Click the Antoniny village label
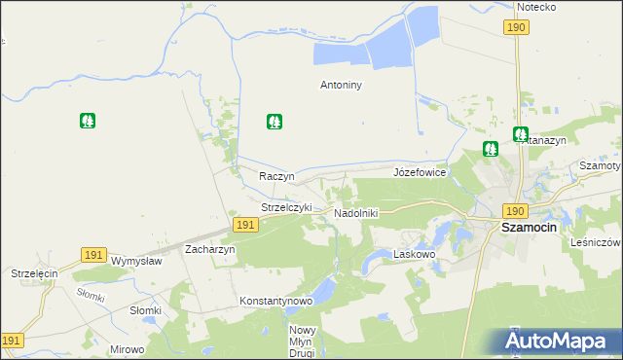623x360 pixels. [x=341, y=85]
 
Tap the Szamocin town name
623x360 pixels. [x=528, y=227]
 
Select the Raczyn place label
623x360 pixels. [x=276, y=176]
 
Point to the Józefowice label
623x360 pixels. [x=420, y=172]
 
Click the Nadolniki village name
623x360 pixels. [x=355, y=212]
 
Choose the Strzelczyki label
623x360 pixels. [x=286, y=207]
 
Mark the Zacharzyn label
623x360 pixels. [x=209, y=249]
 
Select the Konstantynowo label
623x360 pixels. [x=276, y=302]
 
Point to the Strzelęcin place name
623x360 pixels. [x=35, y=274]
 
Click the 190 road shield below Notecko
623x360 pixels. [x=516, y=27]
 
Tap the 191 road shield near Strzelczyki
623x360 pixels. [x=245, y=225]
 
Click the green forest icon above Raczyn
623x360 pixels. [x=275, y=122]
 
